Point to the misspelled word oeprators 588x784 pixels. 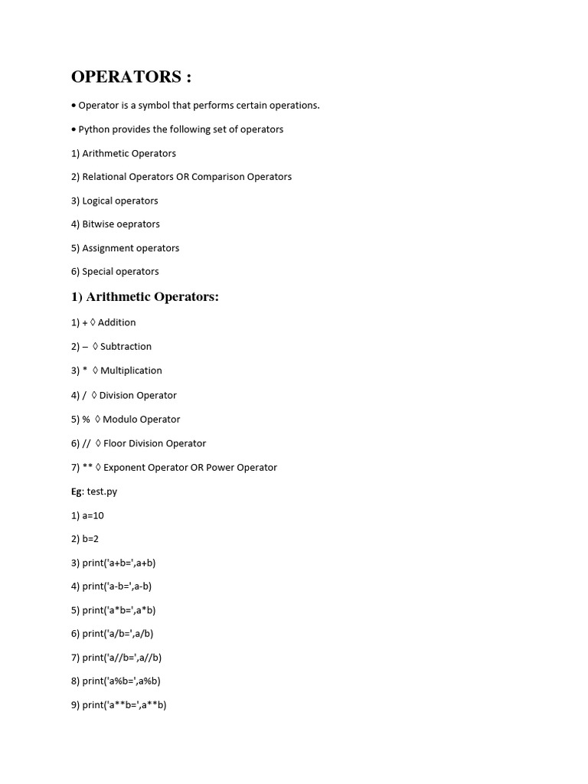pos(138,224)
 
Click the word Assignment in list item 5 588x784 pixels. pos(109,248)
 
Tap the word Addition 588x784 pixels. pos(116,322)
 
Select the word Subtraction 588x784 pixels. pos(126,347)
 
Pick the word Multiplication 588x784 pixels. pos(131,371)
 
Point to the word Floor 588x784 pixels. pos(116,443)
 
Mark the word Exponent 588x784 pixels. pos(126,468)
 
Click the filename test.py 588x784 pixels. pos(102,492)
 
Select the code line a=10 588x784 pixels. pos(93,516)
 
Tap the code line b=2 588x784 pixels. pos(90,539)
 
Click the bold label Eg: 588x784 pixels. pos(77,492)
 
